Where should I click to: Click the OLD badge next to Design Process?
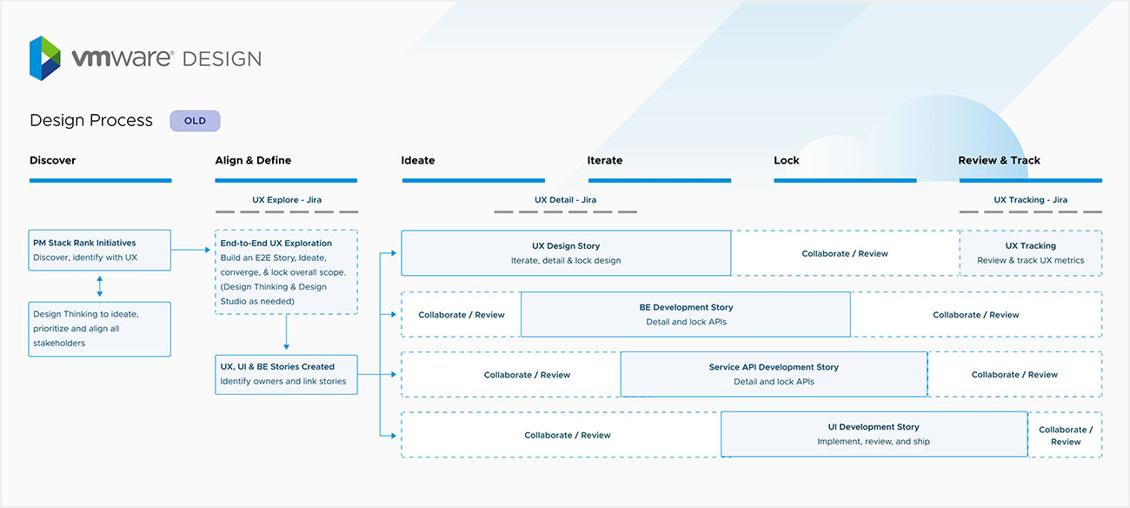pos(195,121)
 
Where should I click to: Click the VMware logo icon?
pos(45,58)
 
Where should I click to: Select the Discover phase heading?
pos(53,160)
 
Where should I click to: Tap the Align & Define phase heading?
pos(253,160)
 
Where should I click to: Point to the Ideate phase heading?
pos(418,160)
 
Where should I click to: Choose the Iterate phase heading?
pos(605,160)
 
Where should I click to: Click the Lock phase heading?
pos(787,160)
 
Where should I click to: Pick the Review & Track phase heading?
pos(999,160)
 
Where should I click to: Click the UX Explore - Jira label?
pos(287,200)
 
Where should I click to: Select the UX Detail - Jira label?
pos(565,200)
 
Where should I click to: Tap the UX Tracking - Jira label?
pos(1031,200)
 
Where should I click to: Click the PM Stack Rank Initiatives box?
pos(100,250)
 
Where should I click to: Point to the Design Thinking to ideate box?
pos(100,329)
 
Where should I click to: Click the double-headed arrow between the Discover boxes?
pos(100,286)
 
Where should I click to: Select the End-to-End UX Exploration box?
pos(286,271)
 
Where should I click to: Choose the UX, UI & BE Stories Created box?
pos(286,374)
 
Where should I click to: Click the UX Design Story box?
pos(566,253)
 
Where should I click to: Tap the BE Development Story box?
pos(685,314)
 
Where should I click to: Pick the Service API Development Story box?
pos(774,374)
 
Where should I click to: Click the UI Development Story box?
pos(874,434)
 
